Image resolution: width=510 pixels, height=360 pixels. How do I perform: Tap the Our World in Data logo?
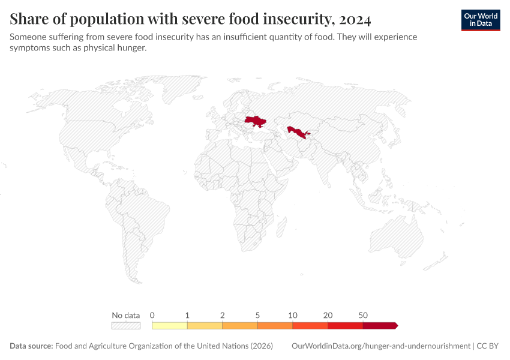[x=480, y=20]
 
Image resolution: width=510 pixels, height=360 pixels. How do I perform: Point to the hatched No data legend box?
[x=125, y=325]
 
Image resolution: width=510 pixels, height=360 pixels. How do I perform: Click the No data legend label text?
[x=125, y=315]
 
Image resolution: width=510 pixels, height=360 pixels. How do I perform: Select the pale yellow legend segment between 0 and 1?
[x=170, y=325]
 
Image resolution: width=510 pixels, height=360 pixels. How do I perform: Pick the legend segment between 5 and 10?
[x=275, y=325]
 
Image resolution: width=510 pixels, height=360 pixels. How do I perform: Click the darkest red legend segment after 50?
[x=379, y=325]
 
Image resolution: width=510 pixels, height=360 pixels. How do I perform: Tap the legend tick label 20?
[x=328, y=315]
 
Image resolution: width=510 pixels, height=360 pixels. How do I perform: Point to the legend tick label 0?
[x=152, y=315]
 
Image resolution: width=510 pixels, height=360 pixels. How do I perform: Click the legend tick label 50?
[x=363, y=315]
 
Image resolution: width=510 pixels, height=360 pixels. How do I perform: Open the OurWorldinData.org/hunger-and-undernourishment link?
[x=380, y=346]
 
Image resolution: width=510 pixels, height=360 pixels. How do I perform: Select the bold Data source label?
[x=31, y=346]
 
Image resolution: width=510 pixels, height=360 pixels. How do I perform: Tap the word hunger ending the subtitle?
[x=132, y=48]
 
